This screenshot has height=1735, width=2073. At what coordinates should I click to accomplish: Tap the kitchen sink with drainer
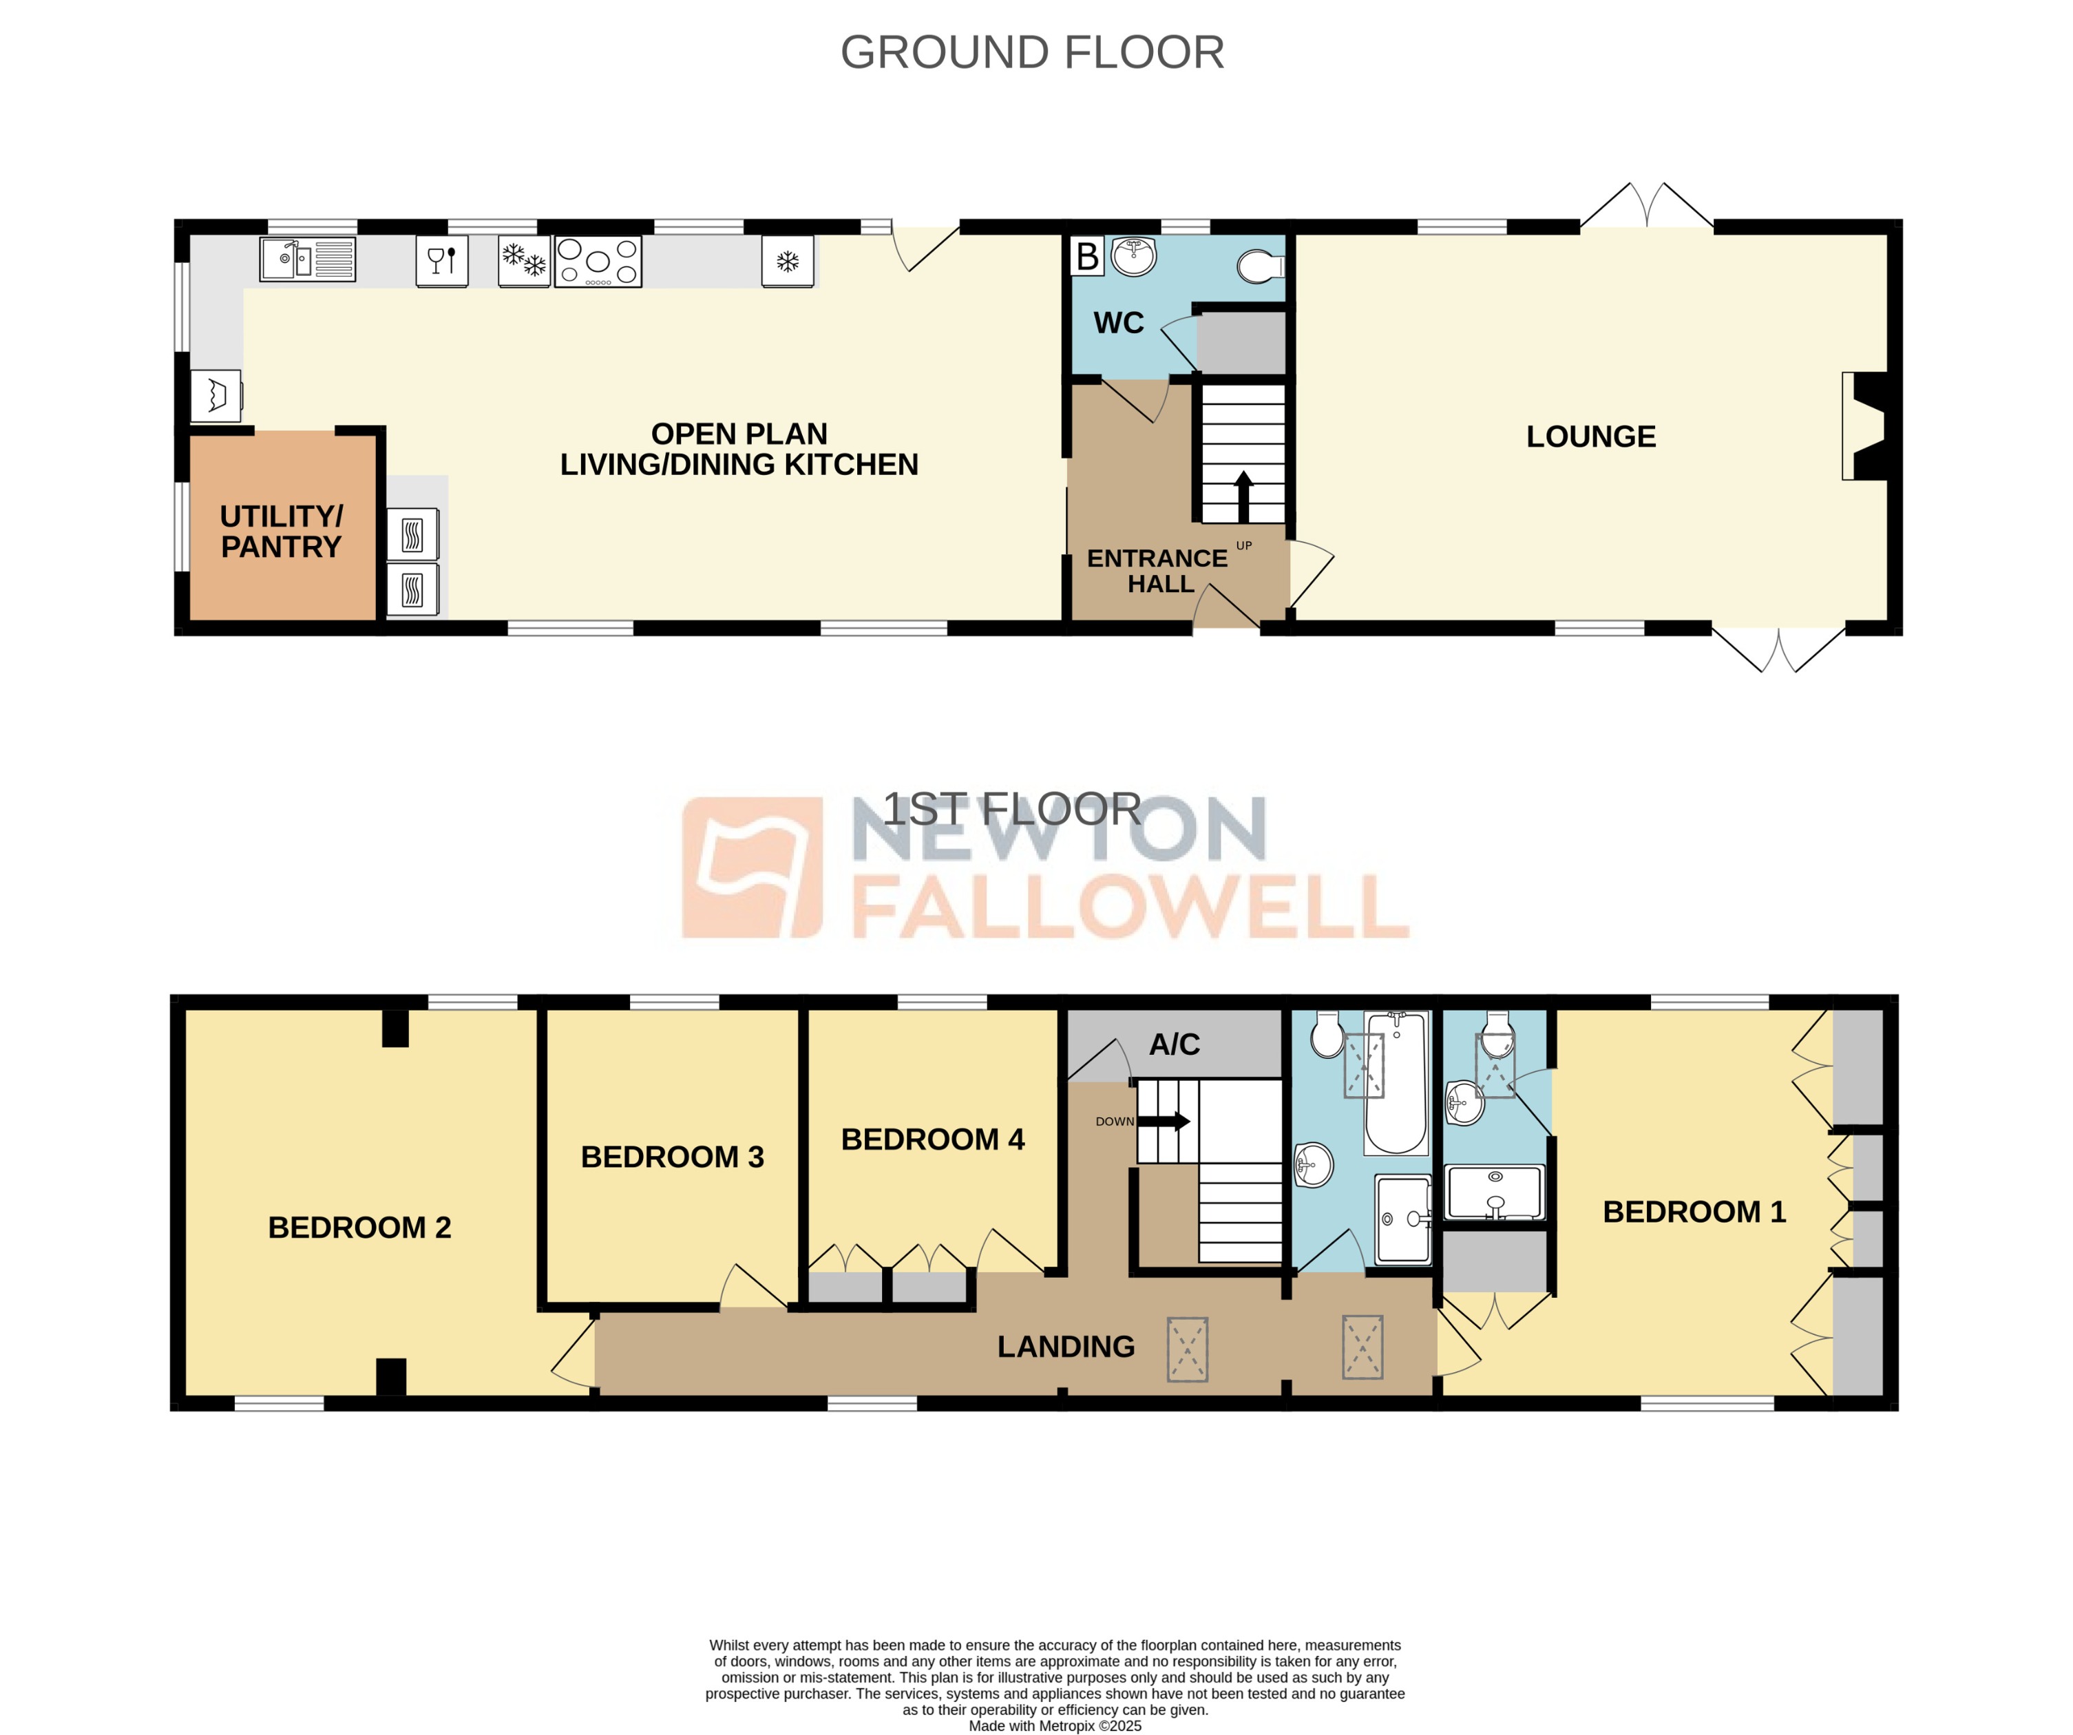[x=307, y=260]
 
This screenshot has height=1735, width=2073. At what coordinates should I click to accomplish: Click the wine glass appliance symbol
[x=441, y=260]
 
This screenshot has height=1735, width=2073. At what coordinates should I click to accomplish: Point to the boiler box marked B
[x=1087, y=257]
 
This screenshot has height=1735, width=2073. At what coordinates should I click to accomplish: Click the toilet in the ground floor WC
[x=1260, y=266]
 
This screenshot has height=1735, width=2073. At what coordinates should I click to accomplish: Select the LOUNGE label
[x=1590, y=437]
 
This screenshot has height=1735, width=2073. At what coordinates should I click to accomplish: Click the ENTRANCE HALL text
[x=1158, y=571]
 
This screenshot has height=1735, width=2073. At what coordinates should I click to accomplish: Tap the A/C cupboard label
[x=1174, y=1045]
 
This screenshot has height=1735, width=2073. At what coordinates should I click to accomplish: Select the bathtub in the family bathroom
[x=1396, y=1084]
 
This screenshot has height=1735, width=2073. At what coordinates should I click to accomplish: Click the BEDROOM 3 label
[x=672, y=1157]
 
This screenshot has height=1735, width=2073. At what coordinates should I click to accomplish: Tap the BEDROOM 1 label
[x=1694, y=1212]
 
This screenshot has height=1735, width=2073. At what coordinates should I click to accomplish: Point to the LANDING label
[x=1066, y=1347]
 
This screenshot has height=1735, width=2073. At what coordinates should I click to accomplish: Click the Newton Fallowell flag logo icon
[x=753, y=867]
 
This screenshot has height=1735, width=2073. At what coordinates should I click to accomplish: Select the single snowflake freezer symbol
[x=787, y=262]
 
